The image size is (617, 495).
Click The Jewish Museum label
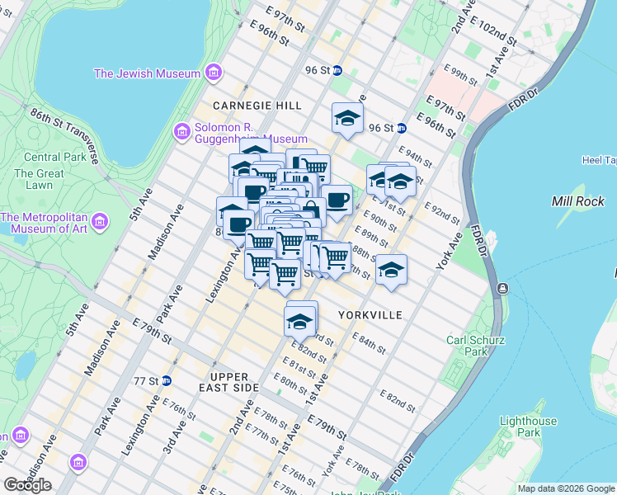(147, 73)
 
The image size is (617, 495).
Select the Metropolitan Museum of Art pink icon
(100, 222)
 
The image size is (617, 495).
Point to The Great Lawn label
(39, 179)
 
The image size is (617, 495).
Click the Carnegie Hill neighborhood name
(257, 106)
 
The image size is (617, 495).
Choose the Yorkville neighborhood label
(370, 315)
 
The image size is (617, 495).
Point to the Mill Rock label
(577, 201)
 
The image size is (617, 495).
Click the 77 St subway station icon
(167, 380)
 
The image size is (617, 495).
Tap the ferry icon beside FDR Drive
(502, 288)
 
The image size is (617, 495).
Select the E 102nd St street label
(496, 35)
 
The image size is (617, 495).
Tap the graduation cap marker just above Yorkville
(391, 271)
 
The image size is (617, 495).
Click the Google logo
(27, 485)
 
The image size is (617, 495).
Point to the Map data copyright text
(565, 488)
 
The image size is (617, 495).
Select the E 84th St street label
(370, 341)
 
